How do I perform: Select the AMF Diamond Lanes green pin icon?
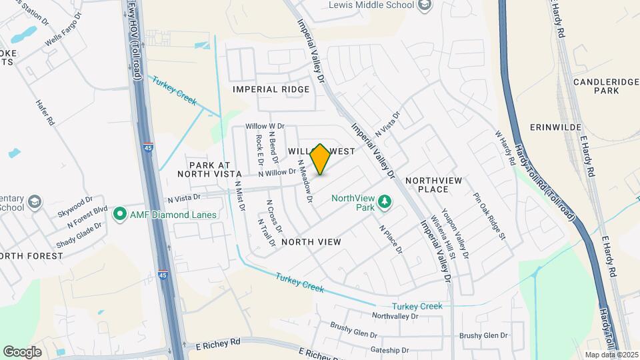[x=120, y=214]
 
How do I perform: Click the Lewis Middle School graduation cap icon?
[x=426, y=5]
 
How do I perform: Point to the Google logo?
[x=22, y=351]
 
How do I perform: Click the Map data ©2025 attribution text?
[x=610, y=354]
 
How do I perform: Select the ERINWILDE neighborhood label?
[x=557, y=127]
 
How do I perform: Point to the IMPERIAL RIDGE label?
[x=271, y=89]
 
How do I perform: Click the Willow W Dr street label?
[x=265, y=126]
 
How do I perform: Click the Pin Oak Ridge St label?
[x=490, y=217]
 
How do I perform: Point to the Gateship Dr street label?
[x=390, y=350]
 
